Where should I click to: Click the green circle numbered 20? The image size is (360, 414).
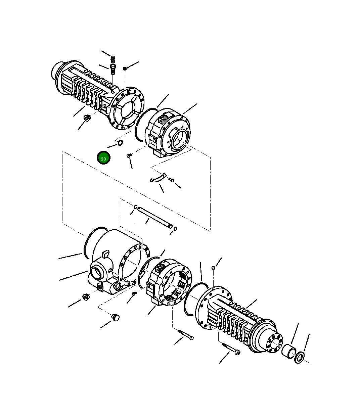coord(103,158)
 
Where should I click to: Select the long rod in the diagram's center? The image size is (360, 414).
coord(155,217)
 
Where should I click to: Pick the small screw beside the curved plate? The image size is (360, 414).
coord(172,180)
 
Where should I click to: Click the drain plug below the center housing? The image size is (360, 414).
coord(116,317)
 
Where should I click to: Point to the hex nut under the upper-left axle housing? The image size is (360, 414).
coord(86,118)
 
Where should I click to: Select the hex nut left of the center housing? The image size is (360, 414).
coord(85,297)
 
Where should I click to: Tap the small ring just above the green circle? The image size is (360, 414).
coord(120,144)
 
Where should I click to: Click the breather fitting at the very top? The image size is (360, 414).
coord(113,59)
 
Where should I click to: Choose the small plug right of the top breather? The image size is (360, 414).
coord(125,68)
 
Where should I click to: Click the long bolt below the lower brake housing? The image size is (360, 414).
coord(186,335)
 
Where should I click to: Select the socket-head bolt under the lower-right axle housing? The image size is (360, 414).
coord(232,349)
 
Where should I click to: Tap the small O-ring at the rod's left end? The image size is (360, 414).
coord(135,207)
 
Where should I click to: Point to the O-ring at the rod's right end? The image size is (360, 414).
coord(175,229)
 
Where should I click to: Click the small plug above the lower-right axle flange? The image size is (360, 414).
coord(213,268)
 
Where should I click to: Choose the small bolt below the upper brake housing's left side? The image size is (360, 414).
coord(129,156)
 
